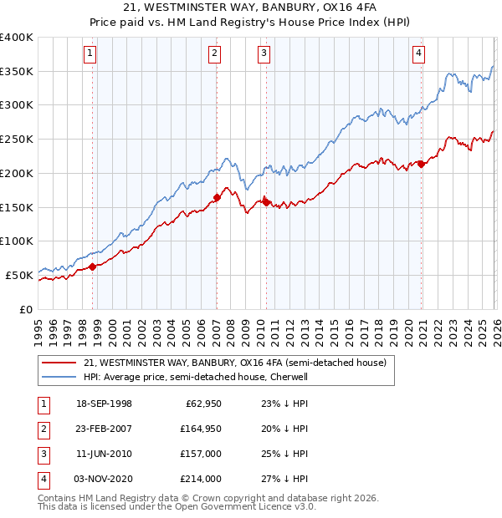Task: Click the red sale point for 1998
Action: point(93,267)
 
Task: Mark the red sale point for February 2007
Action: point(217,197)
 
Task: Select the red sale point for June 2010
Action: point(266,201)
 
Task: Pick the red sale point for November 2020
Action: point(421,164)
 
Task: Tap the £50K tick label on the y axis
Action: point(19,275)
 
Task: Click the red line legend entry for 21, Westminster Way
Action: point(234,363)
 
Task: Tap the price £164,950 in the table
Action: point(201,429)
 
